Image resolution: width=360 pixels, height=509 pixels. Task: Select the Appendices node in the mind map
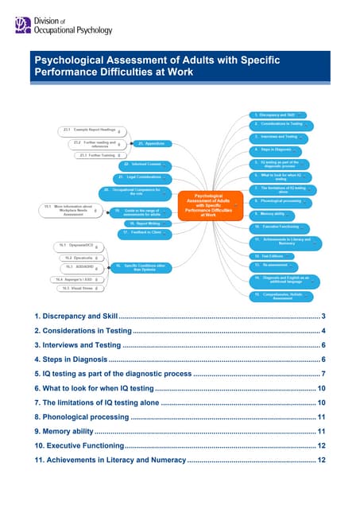151,144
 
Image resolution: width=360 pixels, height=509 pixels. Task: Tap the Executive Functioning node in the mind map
277,227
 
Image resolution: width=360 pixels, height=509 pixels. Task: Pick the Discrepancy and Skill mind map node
274,115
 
